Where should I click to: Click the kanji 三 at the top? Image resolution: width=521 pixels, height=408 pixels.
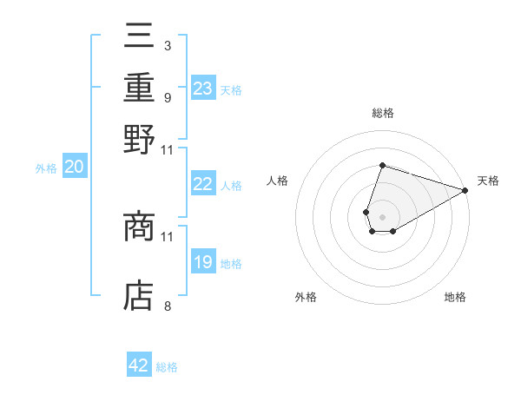click(139, 36)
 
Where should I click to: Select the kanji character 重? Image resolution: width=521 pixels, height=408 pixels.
click(139, 87)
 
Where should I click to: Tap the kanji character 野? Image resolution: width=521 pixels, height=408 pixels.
click(139, 140)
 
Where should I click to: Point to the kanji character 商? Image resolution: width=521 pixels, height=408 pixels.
click(139, 228)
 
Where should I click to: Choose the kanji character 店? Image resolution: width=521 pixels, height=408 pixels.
click(139, 296)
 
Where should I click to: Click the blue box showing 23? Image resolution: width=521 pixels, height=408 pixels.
click(203, 89)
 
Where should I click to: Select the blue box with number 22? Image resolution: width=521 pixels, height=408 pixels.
click(203, 184)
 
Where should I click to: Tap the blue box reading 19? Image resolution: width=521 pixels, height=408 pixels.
click(203, 262)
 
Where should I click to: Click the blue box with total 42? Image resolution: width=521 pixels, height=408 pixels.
click(139, 365)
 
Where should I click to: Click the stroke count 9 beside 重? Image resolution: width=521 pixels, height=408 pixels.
click(167, 96)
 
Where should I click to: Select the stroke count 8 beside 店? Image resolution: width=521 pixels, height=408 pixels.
click(167, 306)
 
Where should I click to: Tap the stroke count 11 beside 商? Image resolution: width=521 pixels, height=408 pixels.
click(168, 236)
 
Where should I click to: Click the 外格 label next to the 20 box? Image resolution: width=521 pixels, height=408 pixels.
click(46, 169)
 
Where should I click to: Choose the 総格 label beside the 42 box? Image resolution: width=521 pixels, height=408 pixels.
click(167, 367)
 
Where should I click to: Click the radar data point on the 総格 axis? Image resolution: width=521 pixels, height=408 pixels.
click(382, 165)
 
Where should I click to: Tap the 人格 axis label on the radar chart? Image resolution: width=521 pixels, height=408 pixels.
click(278, 181)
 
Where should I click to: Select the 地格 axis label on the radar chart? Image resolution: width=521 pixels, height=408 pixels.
click(455, 298)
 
